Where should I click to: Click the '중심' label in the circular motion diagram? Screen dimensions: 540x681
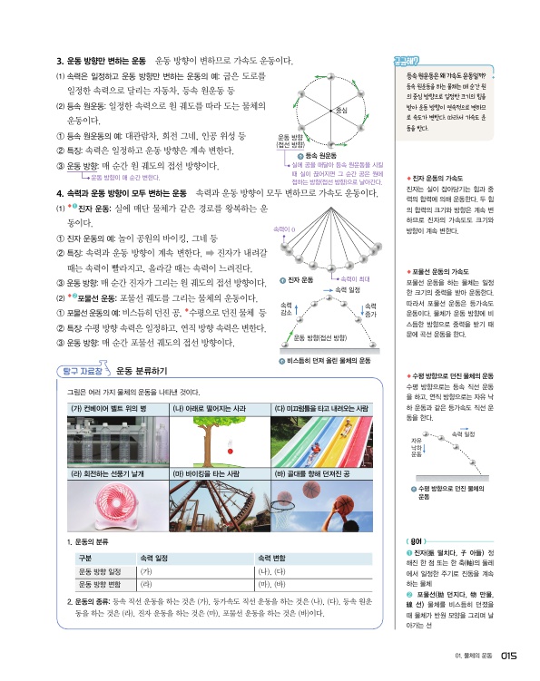341,110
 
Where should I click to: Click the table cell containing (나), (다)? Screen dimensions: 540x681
273,573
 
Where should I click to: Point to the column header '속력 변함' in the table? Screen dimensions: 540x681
273,558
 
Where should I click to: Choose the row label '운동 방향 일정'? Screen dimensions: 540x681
100,573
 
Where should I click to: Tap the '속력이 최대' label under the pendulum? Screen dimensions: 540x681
357,278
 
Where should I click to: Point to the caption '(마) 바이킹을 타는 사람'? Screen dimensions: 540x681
206,473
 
